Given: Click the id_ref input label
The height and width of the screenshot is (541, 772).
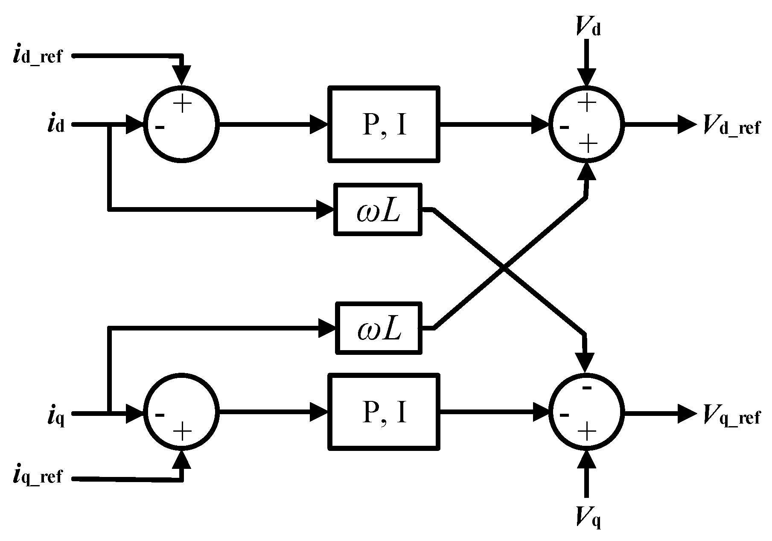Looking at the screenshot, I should [38, 56].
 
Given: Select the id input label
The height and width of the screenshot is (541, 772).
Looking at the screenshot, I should [56, 125].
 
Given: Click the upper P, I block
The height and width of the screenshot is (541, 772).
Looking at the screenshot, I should [384, 124].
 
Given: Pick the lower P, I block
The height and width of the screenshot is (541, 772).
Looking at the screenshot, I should [384, 412].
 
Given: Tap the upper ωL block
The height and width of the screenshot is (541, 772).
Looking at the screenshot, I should [378, 209].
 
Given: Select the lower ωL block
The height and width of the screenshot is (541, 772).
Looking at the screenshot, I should [379, 328].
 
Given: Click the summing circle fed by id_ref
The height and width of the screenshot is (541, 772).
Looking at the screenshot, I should [182, 125].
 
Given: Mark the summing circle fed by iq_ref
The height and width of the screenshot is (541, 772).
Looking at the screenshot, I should [182, 412].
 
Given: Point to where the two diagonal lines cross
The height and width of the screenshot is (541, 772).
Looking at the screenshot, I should [504, 269].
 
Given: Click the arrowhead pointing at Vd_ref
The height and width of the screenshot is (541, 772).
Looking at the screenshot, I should [687, 125].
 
